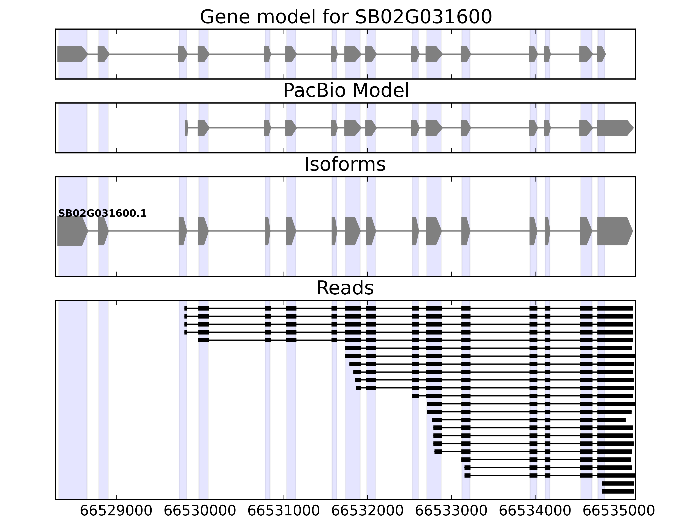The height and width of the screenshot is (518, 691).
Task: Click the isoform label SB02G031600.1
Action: click(103, 214)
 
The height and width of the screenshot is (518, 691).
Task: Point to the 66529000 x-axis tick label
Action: click(116, 511)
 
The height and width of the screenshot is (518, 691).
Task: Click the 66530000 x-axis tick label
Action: click(200, 511)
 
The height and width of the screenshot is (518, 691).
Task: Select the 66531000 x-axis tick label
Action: click(284, 511)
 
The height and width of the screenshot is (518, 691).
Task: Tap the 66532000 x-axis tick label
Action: click(367, 511)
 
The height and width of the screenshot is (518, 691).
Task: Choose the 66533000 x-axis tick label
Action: click(451, 511)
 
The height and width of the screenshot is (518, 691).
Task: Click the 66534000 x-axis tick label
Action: click(535, 511)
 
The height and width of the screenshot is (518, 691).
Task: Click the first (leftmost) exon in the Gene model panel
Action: click(71, 54)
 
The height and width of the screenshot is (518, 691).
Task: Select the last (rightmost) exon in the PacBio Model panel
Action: click(614, 128)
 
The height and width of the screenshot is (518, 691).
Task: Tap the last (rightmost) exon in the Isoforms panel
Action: click(614, 231)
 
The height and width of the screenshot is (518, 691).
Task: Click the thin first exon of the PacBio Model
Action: click(186, 128)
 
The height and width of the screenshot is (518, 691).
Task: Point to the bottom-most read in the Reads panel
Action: click(618, 491)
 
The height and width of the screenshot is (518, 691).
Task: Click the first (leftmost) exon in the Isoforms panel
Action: click(71, 231)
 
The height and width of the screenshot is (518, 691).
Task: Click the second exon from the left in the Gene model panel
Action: click(103, 54)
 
